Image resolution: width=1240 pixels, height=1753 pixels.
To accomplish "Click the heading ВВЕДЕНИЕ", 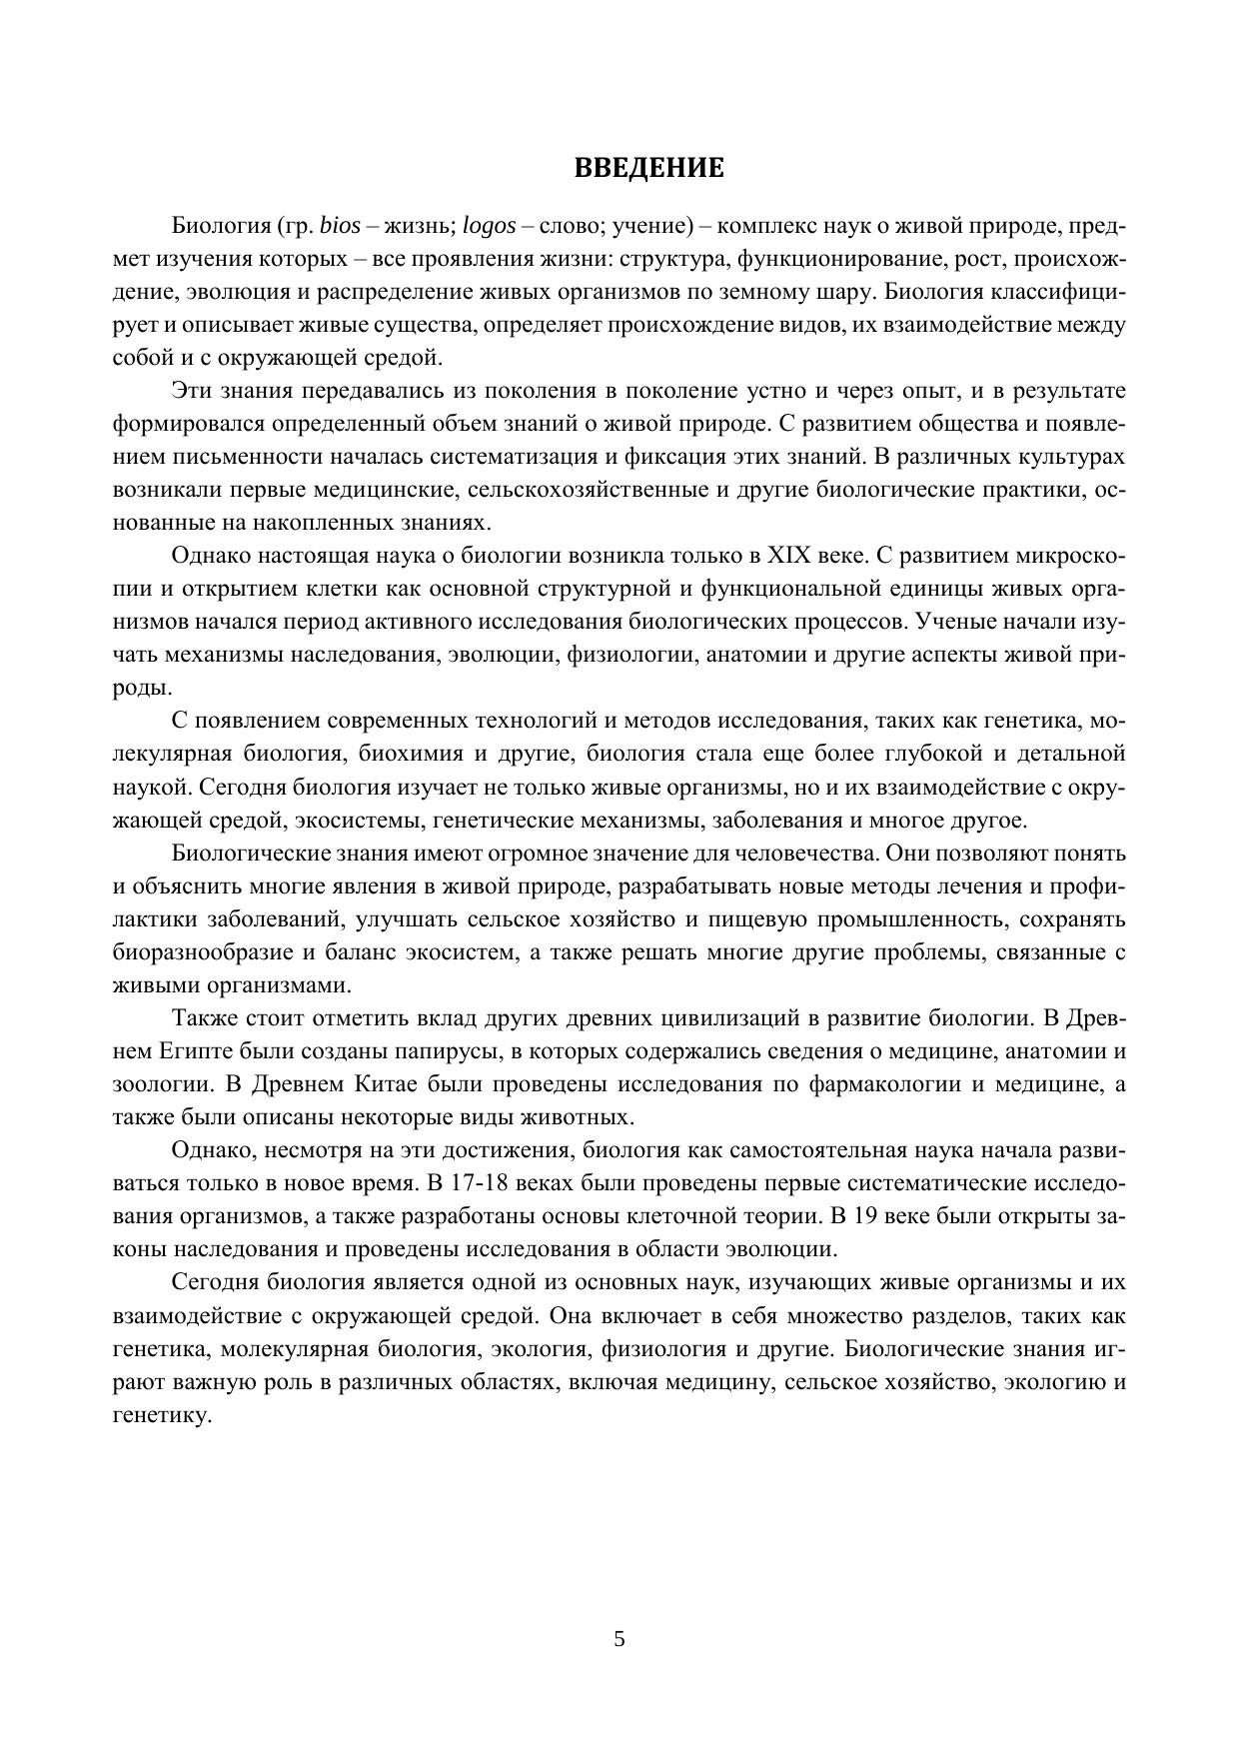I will [648, 168].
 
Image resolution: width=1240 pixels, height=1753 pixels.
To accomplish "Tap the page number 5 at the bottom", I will [620, 1639].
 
